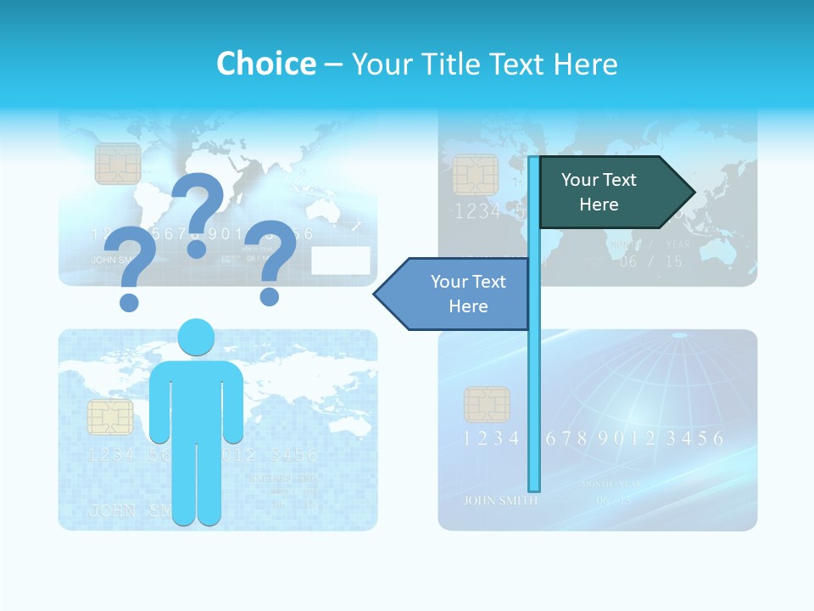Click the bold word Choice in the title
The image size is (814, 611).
click(265, 64)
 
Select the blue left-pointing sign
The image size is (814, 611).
click(458, 294)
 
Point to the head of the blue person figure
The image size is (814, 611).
click(196, 337)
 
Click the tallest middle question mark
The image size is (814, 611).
click(198, 212)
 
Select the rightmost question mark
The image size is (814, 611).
click(271, 260)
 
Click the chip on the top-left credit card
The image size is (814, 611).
click(118, 164)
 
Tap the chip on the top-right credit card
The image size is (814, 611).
click(475, 175)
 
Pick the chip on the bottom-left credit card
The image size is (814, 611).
click(110, 418)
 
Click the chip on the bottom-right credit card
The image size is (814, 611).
click(487, 405)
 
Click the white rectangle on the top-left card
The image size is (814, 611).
click(340, 261)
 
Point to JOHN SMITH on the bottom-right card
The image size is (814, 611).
click(500, 500)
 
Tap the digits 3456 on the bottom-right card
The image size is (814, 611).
click(694, 439)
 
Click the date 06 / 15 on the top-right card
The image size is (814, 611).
click(650, 261)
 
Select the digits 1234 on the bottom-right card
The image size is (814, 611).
click(491, 439)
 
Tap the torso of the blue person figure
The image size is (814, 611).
click(196, 399)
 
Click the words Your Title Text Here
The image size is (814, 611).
click(484, 64)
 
